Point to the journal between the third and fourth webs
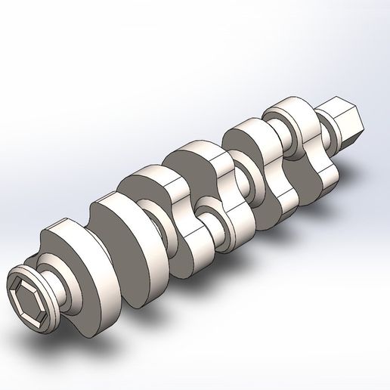[x=209, y=211]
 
